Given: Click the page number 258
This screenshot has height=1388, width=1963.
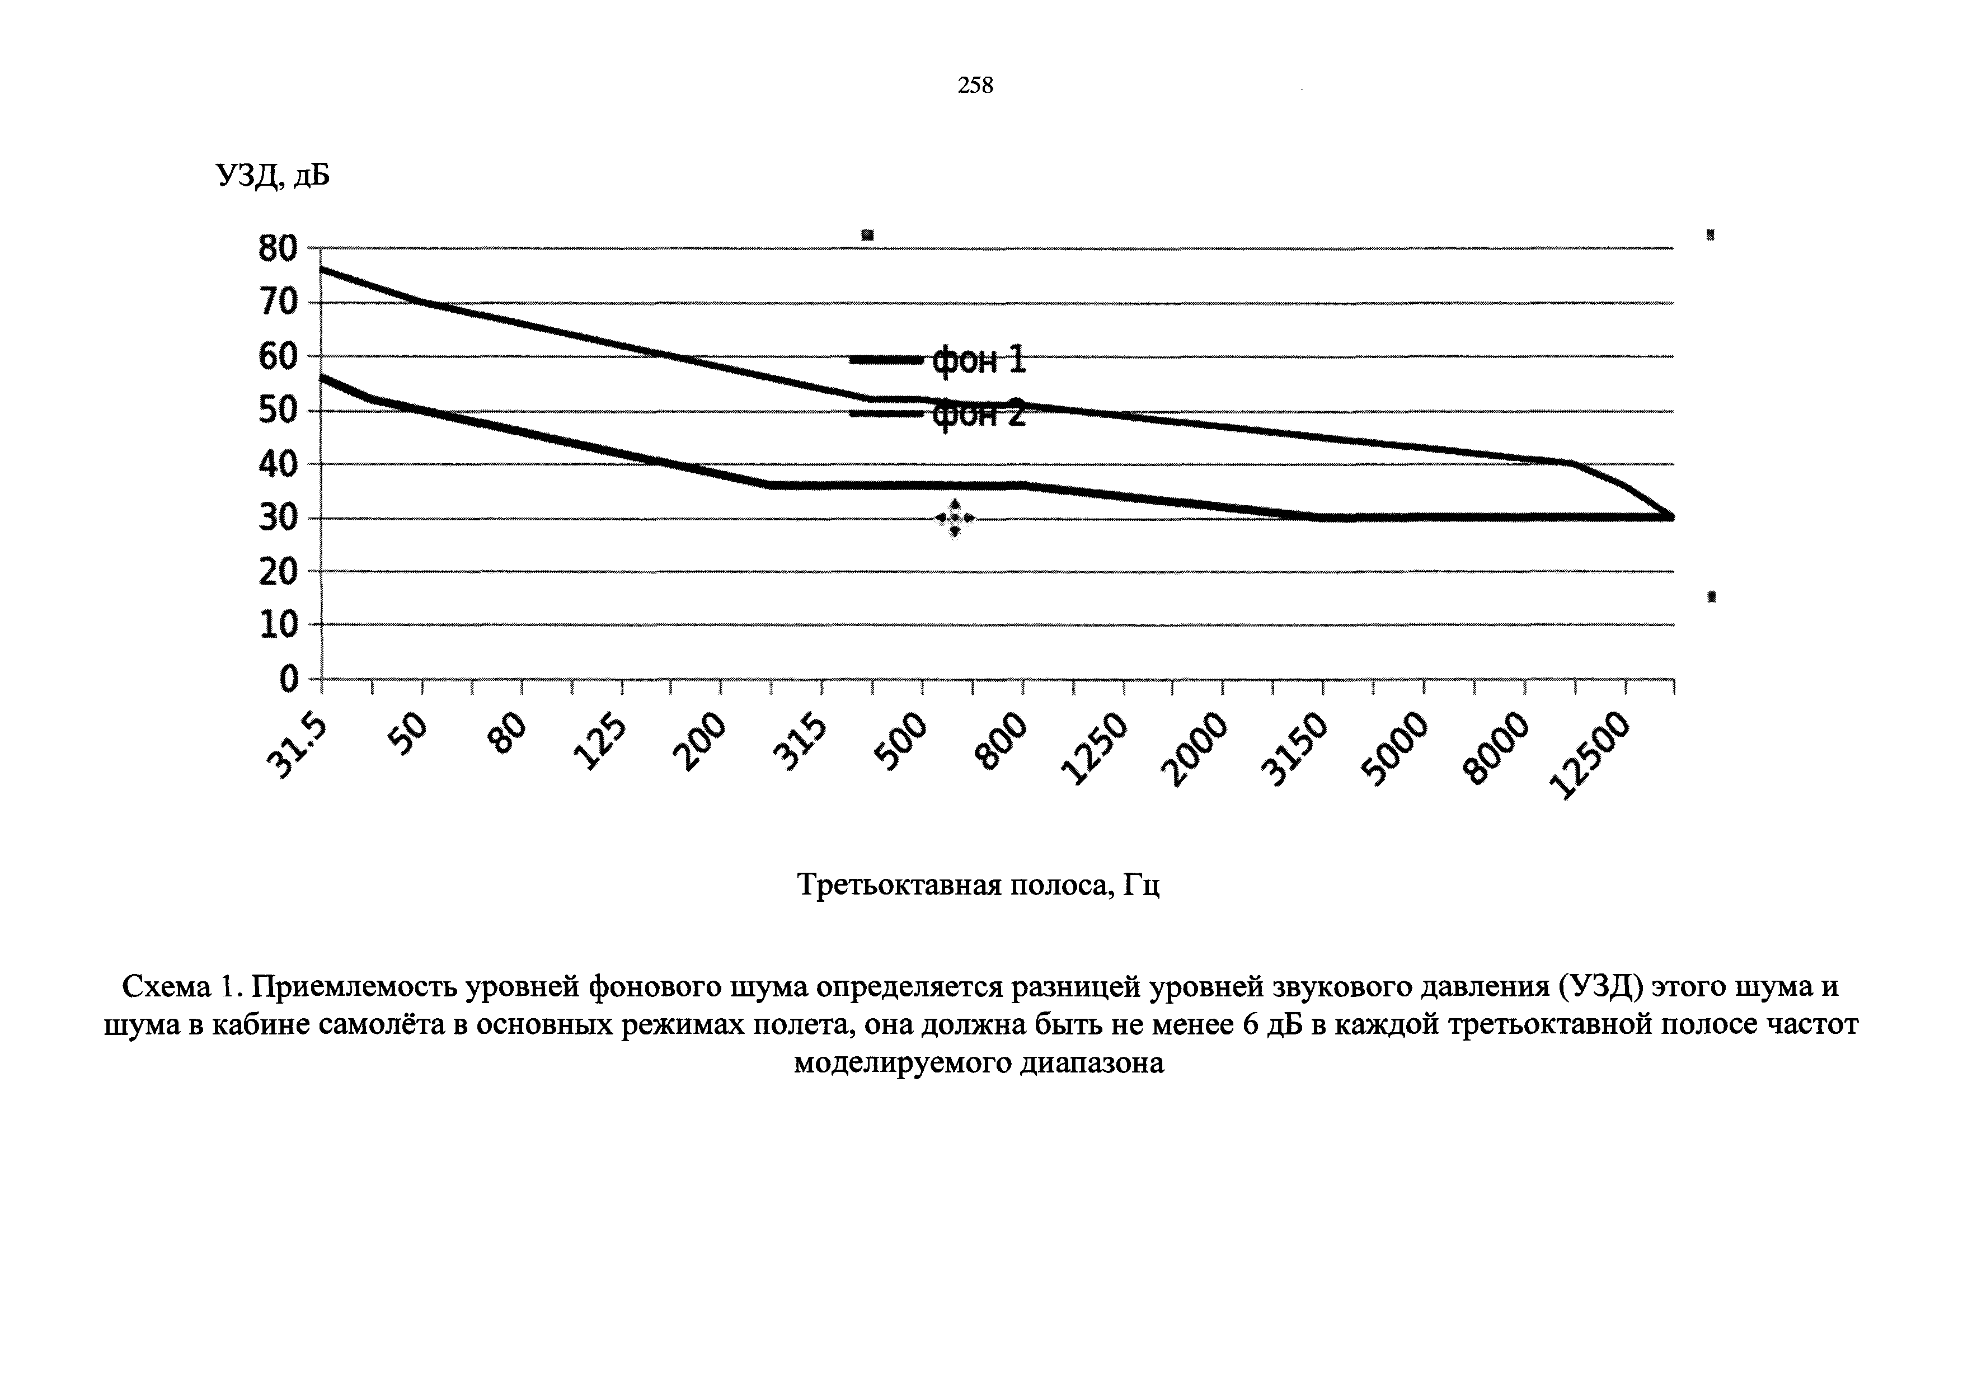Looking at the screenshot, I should pos(975,86).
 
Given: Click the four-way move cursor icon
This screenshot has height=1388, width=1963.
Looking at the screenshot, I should pos(954,519).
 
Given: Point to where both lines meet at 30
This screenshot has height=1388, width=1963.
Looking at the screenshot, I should pos(1670,517).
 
